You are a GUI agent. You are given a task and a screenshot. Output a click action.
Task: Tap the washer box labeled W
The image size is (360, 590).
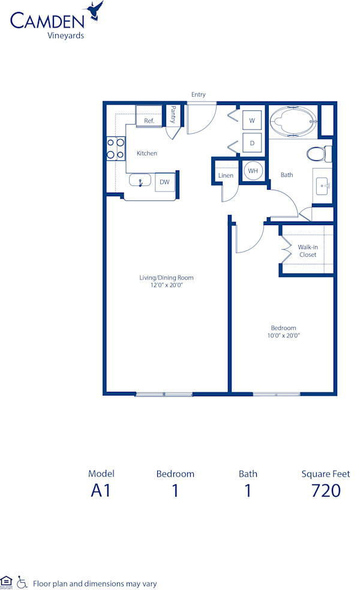[x=252, y=121]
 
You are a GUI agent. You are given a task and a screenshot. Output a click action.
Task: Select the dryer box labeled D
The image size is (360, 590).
[x=252, y=143]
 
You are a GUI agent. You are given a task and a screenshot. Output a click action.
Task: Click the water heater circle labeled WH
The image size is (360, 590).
[x=252, y=170]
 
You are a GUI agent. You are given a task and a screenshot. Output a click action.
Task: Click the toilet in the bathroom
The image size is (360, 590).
[x=319, y=154]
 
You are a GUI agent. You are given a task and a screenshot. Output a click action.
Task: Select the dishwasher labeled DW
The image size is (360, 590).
[x=164, y=182]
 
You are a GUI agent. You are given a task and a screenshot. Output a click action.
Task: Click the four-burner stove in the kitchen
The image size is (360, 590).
[x=116, y=148]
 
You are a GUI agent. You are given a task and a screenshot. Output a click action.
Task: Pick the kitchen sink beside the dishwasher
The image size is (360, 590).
[x=142, y=181]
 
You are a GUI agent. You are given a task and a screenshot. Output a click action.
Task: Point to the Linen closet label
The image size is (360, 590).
[x=226, y=175]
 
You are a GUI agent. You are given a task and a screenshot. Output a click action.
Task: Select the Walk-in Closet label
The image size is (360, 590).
[x=308, y=251]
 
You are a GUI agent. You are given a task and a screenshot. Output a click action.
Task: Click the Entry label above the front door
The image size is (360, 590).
[x=198, y=94]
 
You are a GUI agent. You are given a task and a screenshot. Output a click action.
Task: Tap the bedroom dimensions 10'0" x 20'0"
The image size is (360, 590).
[x=283, y=336]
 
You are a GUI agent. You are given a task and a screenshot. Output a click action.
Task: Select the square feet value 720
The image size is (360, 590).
[x=326, y=490]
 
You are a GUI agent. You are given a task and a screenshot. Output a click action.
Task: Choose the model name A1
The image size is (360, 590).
[x=101, y=490]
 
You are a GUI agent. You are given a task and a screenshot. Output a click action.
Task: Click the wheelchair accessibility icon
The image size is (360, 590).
[x=22, y=581]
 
